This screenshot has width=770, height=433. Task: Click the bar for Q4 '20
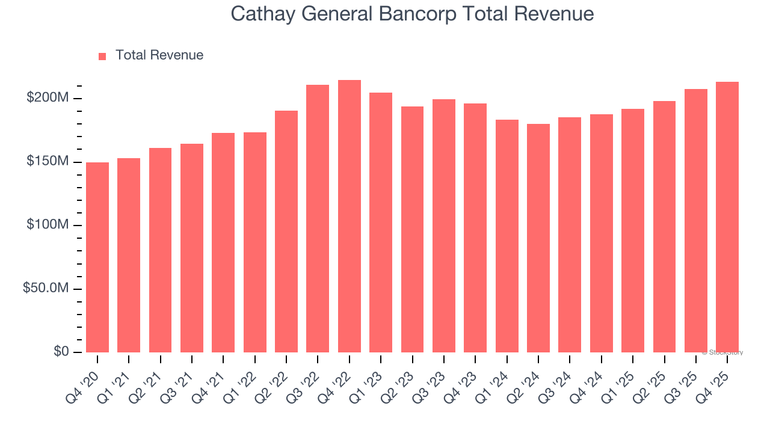tap(97, 257)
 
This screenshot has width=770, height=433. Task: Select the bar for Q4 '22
tap(350, 216)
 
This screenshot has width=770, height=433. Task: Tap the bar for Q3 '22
tap(318, 218)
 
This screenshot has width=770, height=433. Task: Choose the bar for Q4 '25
tap(727, 217)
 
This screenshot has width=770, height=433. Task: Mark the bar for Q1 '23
tap(381, 223)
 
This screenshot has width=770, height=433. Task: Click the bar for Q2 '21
tap(160, 250)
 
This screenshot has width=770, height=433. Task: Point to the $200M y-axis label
tap(48, 98)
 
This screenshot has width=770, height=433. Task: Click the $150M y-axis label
tap(48, 162)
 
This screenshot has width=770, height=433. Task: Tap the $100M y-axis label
tap(48, 225)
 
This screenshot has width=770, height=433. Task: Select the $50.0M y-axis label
tap(45, 289)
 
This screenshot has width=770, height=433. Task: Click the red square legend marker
tap(102, 56)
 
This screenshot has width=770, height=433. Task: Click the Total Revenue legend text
tap(159, 55)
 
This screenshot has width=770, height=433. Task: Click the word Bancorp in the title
tap(416, 14)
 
